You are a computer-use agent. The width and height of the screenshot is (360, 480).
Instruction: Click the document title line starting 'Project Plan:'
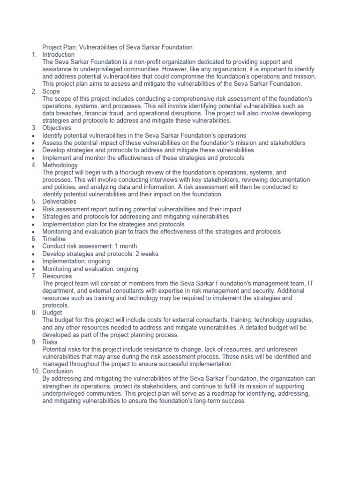(117, 47)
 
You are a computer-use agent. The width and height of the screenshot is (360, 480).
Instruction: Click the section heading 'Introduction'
(58, 54)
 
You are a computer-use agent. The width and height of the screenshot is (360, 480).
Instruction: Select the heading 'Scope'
(51, 91)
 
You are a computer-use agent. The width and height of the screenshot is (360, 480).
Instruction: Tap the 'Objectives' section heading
(57, 128)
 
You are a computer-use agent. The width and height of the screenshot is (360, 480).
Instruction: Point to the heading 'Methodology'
(60, 165)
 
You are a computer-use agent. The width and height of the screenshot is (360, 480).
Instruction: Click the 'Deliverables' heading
(59, 202)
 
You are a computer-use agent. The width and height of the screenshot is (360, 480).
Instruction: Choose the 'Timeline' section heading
(54, 239)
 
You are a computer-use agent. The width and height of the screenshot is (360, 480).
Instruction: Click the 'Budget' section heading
(52, 312)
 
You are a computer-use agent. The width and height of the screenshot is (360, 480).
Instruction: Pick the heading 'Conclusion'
(58, 372)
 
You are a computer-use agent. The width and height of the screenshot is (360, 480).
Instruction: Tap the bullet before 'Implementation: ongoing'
(34, 261)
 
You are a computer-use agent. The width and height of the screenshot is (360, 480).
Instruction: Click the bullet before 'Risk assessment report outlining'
(34, 210)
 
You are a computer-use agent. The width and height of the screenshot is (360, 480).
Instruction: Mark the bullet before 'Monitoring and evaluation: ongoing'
(34, 269)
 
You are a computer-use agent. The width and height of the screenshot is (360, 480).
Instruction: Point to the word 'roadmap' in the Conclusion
(218, 394)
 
